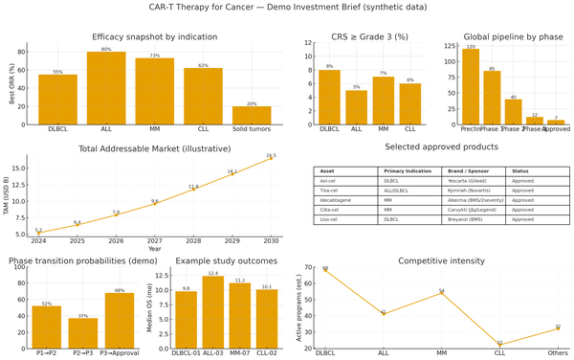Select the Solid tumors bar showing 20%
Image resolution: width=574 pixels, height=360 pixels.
pyautogui.click(x=252, y=114)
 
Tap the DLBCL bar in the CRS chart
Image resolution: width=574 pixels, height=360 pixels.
pyautogui.click(x=329, y=96)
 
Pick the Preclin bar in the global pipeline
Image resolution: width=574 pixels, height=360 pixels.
pyautogui.click(x=470, y=85)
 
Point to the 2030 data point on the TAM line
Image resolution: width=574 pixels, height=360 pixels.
pyautogui.click(x=271, y=158)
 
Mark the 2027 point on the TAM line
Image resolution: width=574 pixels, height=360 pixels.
pyautogui.click(x=154, y=204)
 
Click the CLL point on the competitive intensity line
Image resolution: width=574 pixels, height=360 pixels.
pyautogui.click(x=499, y=345)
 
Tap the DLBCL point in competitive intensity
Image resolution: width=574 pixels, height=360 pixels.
pyautogui.click(x=325, y=269)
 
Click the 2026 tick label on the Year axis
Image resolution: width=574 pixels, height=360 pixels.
pyautogui.click(x=116, y=241)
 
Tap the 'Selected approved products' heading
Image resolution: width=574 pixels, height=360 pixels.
pyautogui.click(x=441, y=146)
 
